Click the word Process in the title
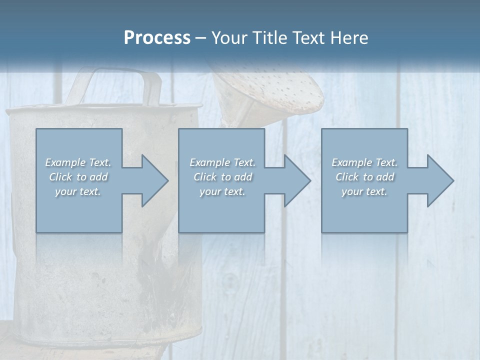coord(157,38)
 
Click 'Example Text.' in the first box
coord(78,162)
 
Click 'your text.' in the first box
coord(78,191)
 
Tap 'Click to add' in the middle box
coord(222,177)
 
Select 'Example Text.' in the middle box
coord(222,162)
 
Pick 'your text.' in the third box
coord(364,191)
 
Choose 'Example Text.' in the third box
coord(364,162)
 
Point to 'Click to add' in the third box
coord(364,177)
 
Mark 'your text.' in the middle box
coord(222,191)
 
